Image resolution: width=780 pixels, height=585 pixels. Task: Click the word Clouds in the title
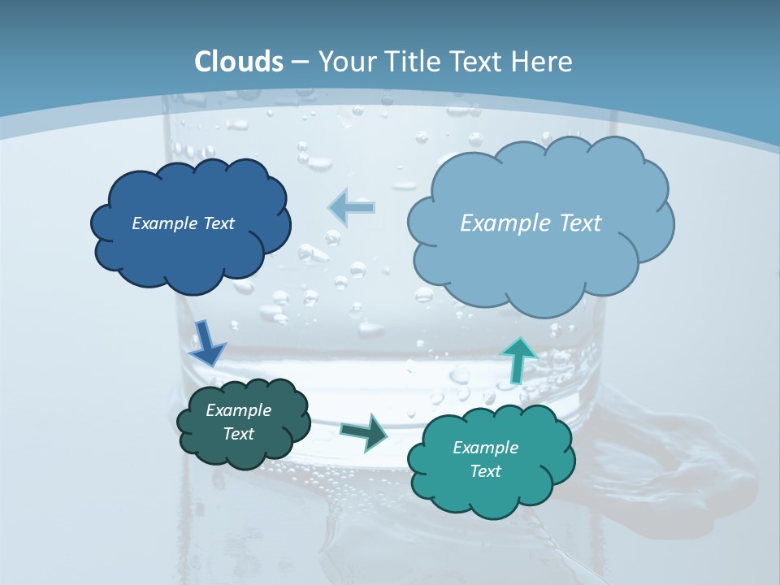(x=239, y=62)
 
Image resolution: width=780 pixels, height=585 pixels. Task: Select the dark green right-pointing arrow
(x=365, y=431)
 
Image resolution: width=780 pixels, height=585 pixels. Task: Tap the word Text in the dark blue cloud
(x=219, y=223)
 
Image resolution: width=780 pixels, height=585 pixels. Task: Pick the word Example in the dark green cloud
(x=239, y=410)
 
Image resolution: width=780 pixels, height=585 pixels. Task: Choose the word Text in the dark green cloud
(x=239, y=434)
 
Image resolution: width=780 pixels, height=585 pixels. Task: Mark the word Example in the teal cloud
(x=485, y=448)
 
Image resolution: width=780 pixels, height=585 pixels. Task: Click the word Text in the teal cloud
(x=485, y=471)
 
